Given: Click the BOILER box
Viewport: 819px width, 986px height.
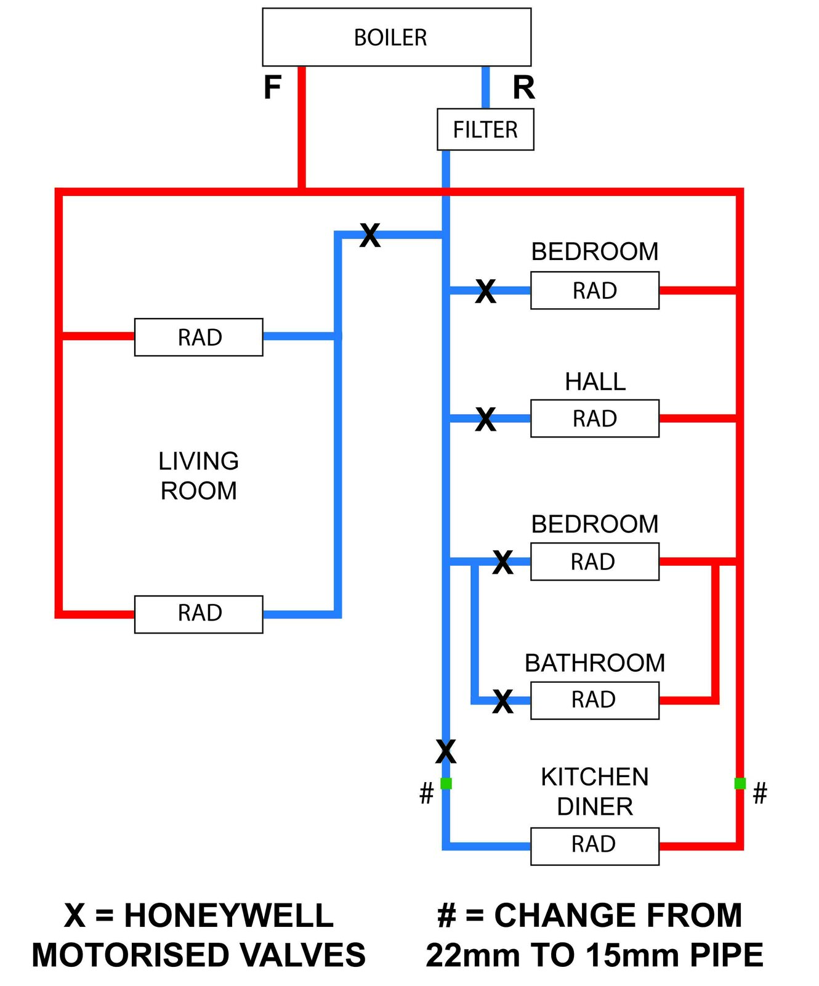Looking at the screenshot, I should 396,37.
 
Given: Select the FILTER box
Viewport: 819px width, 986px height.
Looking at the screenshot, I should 485,129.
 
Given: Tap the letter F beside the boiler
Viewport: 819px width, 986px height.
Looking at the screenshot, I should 272,88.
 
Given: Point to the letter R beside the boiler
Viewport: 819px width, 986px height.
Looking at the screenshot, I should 523,88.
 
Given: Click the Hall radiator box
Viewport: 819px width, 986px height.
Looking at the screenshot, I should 594,418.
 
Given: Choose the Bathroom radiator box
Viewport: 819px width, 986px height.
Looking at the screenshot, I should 594,700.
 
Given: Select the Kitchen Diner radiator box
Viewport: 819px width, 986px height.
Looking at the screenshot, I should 594,845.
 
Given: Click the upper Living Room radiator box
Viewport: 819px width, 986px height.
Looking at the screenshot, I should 198,337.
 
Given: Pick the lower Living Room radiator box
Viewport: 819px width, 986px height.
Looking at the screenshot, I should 198,614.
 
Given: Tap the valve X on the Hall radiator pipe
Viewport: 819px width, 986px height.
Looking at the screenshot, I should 485,420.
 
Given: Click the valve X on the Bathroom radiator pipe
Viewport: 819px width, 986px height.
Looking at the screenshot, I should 502,701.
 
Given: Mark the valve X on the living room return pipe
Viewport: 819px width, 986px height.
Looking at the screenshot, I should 369,235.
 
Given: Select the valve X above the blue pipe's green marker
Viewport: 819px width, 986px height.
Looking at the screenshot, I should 446,752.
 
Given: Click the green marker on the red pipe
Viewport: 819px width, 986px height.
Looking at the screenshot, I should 740,783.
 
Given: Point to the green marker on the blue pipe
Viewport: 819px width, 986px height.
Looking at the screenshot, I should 446,783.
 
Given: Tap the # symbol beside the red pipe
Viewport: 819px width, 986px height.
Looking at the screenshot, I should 760,793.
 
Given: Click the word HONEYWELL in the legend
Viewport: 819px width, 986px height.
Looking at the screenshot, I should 228,915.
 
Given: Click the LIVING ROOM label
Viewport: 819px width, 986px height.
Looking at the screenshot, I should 198,476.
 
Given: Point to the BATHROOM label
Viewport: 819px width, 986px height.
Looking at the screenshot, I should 594,663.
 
